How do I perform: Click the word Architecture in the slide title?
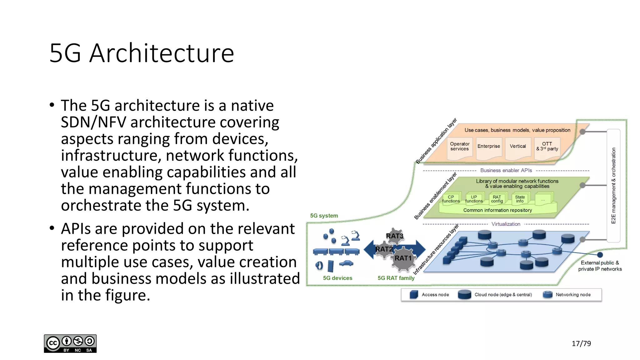coord(162,53)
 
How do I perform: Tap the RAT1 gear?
coord(403,258)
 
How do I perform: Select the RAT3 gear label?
coord(394,236)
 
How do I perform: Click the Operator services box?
coord(459,147)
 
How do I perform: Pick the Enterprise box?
coord(488,146)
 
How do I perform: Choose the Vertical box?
coord(518,146)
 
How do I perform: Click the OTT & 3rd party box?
coord(547,147)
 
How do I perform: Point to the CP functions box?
coord(451,199)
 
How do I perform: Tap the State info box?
coord(520,199)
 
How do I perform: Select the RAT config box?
coord(497,199)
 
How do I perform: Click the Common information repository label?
coord(497,210)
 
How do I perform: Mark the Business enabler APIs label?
coord(506,170)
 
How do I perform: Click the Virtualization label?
coord(506,224)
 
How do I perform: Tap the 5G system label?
coord(324,216)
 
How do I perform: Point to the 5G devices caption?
coord(337,278)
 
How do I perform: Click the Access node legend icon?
coord(414,294)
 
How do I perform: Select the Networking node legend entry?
coord(573,295)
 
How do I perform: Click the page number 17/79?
coord(581,343)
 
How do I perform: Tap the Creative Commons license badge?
coord(70,343)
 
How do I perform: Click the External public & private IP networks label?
coord(600,266)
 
